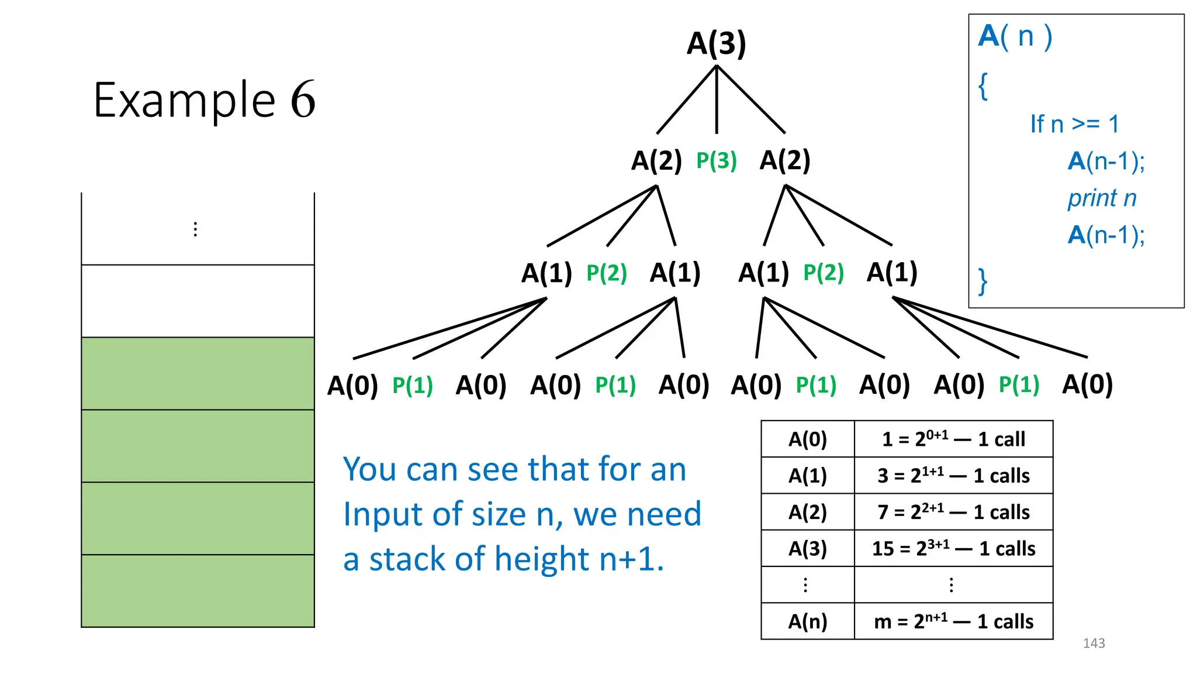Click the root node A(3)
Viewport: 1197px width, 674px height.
click(x=716, y=43)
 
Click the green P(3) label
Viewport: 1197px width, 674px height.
click(x=716, y=160)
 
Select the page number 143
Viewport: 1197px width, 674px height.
click(x=1094, y=643)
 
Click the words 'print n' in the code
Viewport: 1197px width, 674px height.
click(x=1102, y=198)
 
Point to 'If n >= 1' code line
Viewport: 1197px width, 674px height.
click(x=1074, y=124)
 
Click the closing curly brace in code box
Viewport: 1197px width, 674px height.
click(x=983, y=281)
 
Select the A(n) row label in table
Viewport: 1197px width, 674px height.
click(x=807, y=621)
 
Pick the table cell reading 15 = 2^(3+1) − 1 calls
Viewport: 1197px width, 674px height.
click(x=953, y=548)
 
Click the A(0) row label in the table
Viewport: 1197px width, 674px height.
click(x=807, y=439)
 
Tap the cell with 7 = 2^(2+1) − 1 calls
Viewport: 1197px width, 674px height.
click(x=953, y=512)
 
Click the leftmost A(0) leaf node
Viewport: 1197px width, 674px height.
click(x=352, y=385)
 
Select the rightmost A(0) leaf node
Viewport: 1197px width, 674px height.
click(x=1087, y=384)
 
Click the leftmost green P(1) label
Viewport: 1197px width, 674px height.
click(x=412, y=385)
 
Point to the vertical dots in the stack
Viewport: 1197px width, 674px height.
click(x=195, y=229)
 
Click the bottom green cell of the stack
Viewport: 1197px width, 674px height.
click(x=198, y=590)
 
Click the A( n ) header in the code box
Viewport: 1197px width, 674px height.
click(x=1015, y=36)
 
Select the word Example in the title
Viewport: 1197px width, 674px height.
click(x=184, y=100)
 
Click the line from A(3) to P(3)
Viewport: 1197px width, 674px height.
click(x=717, y=99)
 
